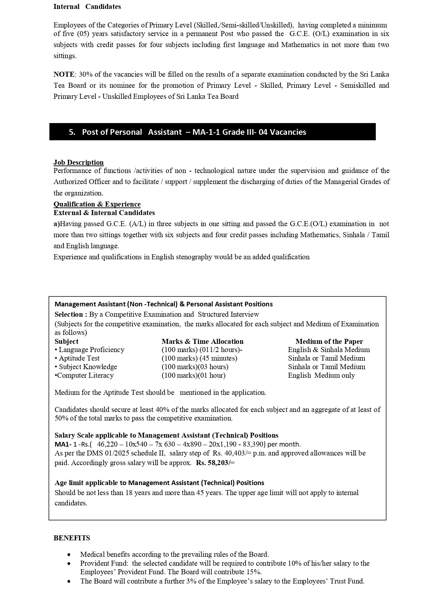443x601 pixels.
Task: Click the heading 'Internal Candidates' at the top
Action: tap(87, 6)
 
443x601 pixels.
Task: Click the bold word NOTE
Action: tap(64, 74)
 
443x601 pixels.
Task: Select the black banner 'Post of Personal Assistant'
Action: tap(212, 132)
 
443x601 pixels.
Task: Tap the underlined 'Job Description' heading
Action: tap(79, 162)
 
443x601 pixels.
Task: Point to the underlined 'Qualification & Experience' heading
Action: tap(97, 204)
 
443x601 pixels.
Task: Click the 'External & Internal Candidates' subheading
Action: tap(104, 213)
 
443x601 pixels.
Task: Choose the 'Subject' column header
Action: tap(66, 341)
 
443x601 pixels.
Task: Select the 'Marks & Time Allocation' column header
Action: tap(202, 341)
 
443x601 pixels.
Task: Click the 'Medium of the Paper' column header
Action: tap(329, 341)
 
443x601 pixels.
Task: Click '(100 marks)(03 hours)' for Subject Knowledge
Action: tap(195, 367)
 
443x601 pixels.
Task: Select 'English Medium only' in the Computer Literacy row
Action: tap(321, 375)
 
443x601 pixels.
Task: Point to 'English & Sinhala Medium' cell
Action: tap(329, 350)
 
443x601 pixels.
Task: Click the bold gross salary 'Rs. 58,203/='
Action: tap(215, 463)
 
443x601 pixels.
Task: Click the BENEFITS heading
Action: tap(72, 538)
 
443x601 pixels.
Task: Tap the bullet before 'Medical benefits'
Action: tap(69, 555)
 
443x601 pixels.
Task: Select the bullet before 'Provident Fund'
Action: tap(69, 564)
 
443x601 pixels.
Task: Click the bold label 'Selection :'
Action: tap(71, 314)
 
